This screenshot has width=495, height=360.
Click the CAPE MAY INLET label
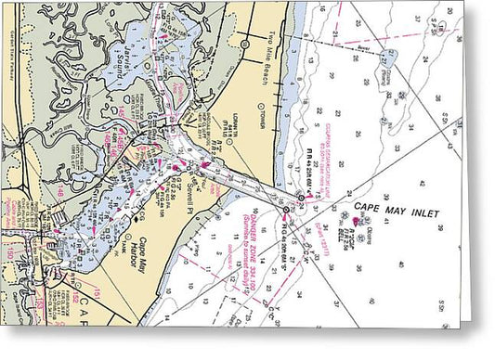point(395,212)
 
